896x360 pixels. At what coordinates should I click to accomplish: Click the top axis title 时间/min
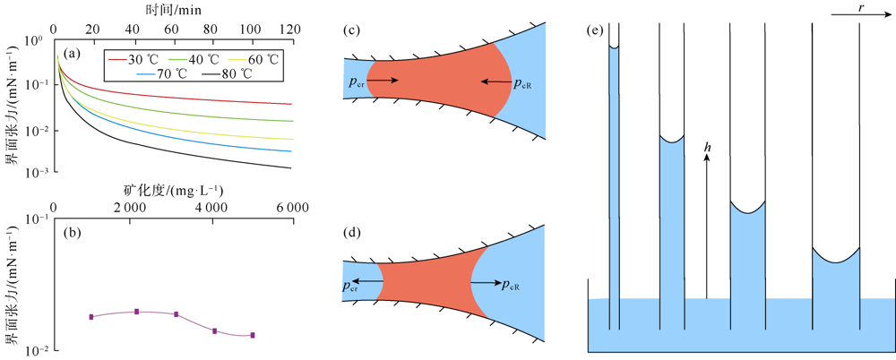[172, 9]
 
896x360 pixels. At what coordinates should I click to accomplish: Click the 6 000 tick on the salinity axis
[292, 207]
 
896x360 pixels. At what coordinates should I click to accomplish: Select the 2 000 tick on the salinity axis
[130, 207]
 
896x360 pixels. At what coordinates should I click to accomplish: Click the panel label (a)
[72, 54]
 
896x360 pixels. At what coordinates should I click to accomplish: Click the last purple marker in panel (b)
[253, 335]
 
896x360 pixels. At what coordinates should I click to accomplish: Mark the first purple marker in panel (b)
[91, 316]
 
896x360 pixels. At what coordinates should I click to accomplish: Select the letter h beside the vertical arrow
[707, 145]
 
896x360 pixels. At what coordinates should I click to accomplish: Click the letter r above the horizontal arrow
[861, 6]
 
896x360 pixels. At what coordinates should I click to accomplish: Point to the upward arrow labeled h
[706, 224]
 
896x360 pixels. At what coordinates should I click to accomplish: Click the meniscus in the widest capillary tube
[836, 261]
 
